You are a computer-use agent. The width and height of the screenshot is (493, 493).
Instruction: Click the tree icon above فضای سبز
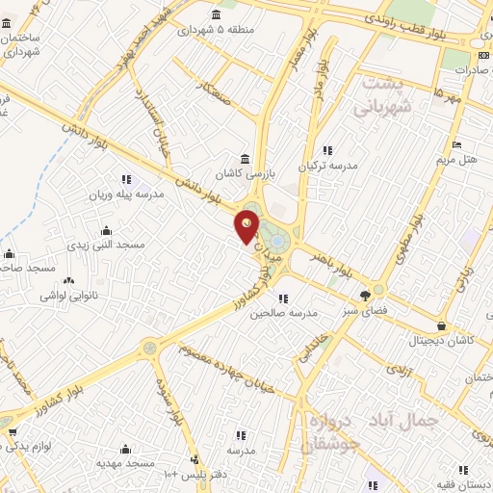[x=365, y=297]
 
